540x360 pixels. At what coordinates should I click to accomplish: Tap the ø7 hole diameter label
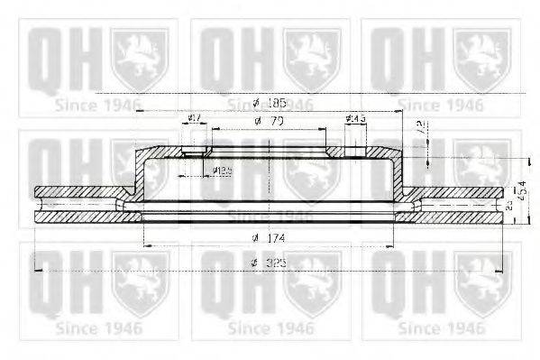coord(193,119)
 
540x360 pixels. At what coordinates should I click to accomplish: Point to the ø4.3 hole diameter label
coord(354,119)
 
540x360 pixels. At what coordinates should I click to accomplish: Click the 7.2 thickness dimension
coord(420,128)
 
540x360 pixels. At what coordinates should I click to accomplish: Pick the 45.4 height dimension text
coord(522,191)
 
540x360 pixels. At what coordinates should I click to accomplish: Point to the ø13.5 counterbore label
coord(223,170)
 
